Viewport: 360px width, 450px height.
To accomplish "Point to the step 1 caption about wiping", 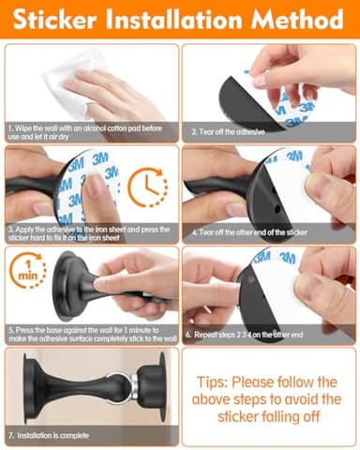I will (88, 130).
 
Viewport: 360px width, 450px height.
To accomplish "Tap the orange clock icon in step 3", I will (147, 187).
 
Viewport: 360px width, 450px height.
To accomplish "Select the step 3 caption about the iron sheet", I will (88, 232).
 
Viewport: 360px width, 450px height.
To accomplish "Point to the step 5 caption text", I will (88, 333).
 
